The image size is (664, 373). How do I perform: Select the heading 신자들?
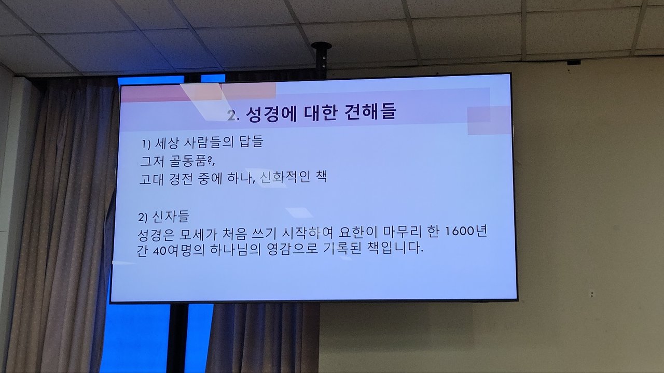pos(171,217)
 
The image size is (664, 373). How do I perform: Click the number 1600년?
pos(466,231)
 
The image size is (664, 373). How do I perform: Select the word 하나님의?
pos(236,250)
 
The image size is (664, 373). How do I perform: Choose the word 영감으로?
pos(292,249)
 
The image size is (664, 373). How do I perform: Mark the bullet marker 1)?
pos(146,144)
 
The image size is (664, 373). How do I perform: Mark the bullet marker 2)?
pos(143,218)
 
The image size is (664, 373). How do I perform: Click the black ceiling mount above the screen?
pos(321,60)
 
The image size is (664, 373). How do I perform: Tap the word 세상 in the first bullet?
pos(167,144)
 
